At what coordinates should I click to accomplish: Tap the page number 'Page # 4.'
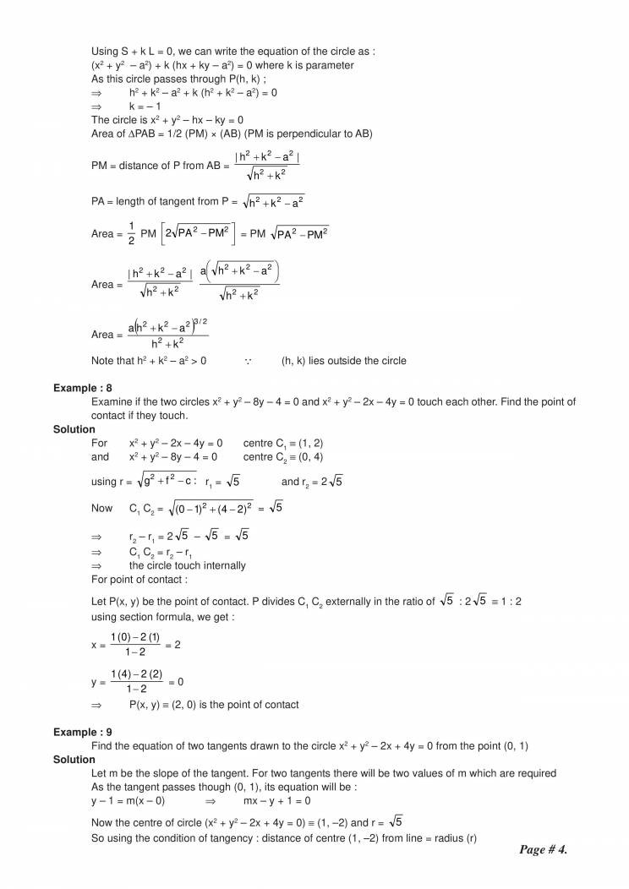pyautogui.click(x=543, y=849)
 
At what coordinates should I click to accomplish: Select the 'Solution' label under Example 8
pyautogui.click(x=74, y=429)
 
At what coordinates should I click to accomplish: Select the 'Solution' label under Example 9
pyautogui.click(x=74, y=760)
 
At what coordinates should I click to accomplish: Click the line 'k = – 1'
pyautogui.click(x=145, y=106)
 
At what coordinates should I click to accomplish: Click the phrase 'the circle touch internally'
pyautogui.click(x=187, y=565)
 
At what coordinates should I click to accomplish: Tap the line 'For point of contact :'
pyautogui.click(x=139, y=579)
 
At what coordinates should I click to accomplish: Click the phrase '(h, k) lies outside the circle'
pyautogui.click(x=343, y=361)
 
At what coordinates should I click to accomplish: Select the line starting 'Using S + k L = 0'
pyautogui.click(x=233, y=52)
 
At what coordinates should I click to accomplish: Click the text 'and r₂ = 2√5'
pyautogui.click(x=311, y=482)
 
